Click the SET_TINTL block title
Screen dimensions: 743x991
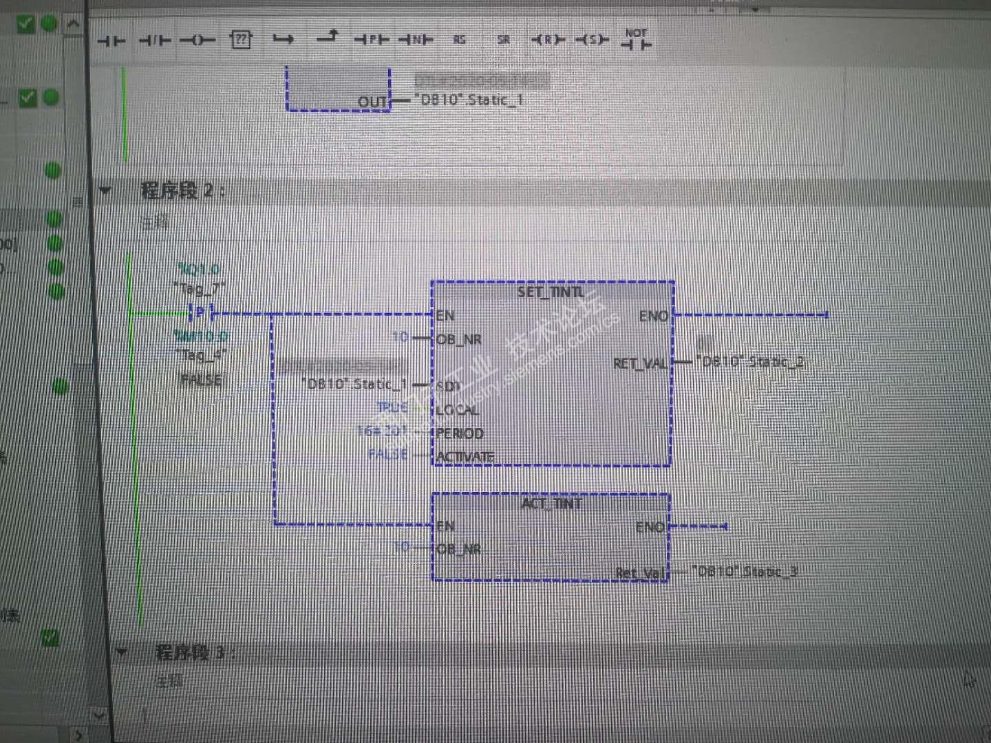tap(551, 292)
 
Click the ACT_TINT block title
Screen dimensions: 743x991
tap(551, 504)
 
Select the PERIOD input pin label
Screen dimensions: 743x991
tap(460, 433)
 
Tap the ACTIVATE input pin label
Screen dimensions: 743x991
tap(465, 456)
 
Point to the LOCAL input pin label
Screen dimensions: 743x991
tap(457, 410)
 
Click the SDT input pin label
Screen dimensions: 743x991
tap(448, 386)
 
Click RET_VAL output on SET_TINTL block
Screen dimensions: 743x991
tap(639, 363)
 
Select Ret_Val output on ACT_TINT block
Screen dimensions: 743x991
tap(640, 572)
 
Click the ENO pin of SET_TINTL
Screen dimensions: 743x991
tap(653, 316)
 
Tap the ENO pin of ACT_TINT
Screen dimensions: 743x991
tap(650, 527)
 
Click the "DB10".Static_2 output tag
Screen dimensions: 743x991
tap(749, 362)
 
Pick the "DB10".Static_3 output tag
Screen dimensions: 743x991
tap(745, 571)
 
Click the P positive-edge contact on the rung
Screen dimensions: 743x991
tap(200, 313)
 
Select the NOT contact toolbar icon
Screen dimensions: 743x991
tap(636, 39)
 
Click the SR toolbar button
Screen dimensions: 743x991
tap(504, 40)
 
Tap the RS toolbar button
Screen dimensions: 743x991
tap(459, 40)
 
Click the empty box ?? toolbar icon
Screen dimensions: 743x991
tap(240, 40)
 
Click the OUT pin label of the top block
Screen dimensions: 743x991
tap(372, 102)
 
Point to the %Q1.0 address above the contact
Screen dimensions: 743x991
tap(198, 269)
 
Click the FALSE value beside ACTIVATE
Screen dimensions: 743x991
tap(388, 454)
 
